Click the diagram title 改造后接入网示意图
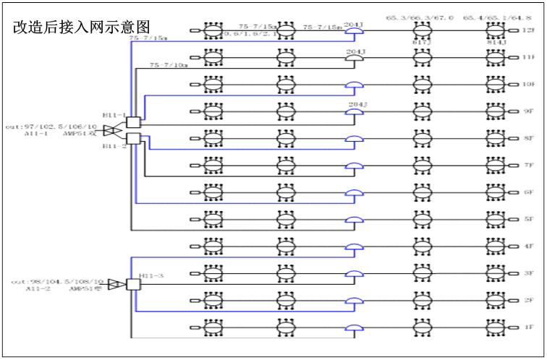pos(82,27)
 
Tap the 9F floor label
pos(530,111)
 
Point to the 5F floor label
pos(530,219)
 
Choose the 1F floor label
pos(530,327)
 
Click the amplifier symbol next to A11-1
pos(111,130)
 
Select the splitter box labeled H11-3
pos(133,284)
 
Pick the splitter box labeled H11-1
pos(133,123)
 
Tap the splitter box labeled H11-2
pos(133,137)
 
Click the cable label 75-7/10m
pos(169,65)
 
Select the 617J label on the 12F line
pos(422,43)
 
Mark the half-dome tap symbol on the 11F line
pos(355,58)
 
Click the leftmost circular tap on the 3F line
pos(213,273)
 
